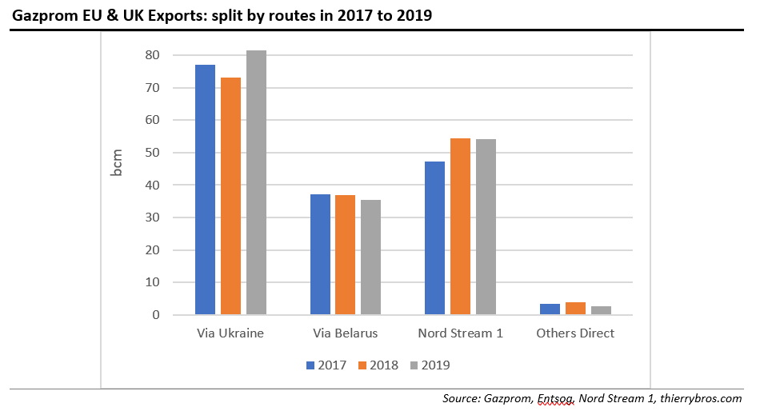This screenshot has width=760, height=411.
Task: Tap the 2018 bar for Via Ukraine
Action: pos(230,196)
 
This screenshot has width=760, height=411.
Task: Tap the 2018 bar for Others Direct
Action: pos(575,309)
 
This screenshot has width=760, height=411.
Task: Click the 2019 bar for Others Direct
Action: pos(601,310)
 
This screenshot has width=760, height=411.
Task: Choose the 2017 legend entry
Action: pos(326,365)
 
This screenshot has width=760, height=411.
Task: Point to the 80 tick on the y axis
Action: pos(152,55)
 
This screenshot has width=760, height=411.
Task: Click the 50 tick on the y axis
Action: pos(152,153)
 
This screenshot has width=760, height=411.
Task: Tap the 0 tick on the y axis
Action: pos(155,315)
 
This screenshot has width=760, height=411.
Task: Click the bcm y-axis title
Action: pos(118,162)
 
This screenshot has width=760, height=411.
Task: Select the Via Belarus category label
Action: pos(345,333)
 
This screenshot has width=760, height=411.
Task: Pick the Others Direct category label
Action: pos(575,333)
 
